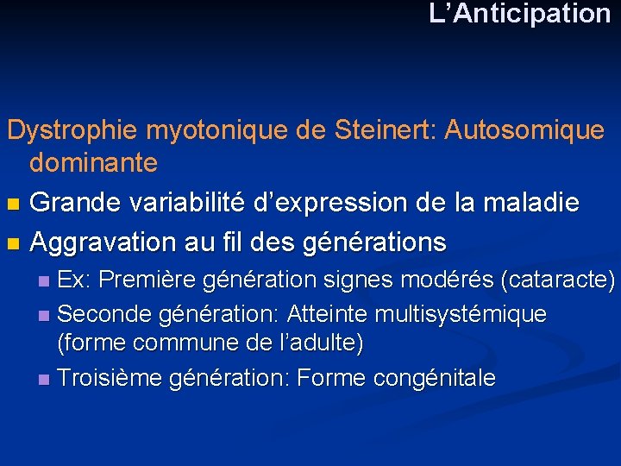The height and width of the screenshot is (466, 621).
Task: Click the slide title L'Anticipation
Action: point(520,14)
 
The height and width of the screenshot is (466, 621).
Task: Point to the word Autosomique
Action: point(528,131)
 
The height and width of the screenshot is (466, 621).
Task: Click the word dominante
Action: point(93,161)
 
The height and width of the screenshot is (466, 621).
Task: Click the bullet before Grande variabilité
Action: point(12,205)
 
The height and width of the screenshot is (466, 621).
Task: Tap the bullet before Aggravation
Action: point(12,243)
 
